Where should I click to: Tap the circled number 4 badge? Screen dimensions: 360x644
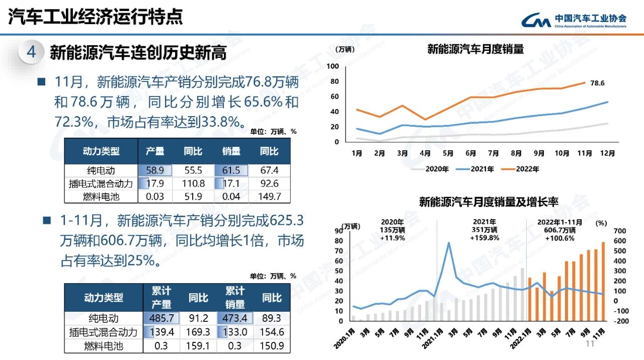pyautogui.click(x=32, y=52)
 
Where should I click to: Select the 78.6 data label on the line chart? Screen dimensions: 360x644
pyautogui.click(x=597, y=83)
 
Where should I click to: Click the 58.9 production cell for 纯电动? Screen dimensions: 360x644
pyautogui.click(x=156, y=170)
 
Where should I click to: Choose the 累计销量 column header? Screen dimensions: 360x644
pyautogui.click(x=235, y=298)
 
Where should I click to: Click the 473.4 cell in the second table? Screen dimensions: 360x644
pyautogui.click(x=235, y=318)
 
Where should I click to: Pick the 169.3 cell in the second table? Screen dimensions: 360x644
pyautogui.click(x=198, y=332)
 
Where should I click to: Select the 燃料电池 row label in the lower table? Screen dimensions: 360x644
pyautogui.click(x=103, y=346)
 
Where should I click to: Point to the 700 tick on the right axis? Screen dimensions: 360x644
pyautogui.click(x=620, y=231)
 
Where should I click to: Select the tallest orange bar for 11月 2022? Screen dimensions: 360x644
pyautogui.click(x=603, y=281)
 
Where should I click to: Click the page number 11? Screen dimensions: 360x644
pyautogui.click(x=590, y=343)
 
